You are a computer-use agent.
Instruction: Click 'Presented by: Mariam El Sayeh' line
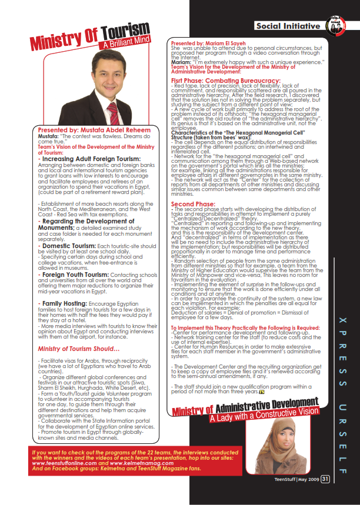click(x=217, y=43)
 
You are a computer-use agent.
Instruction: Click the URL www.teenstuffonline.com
click(x=68, y=461)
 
